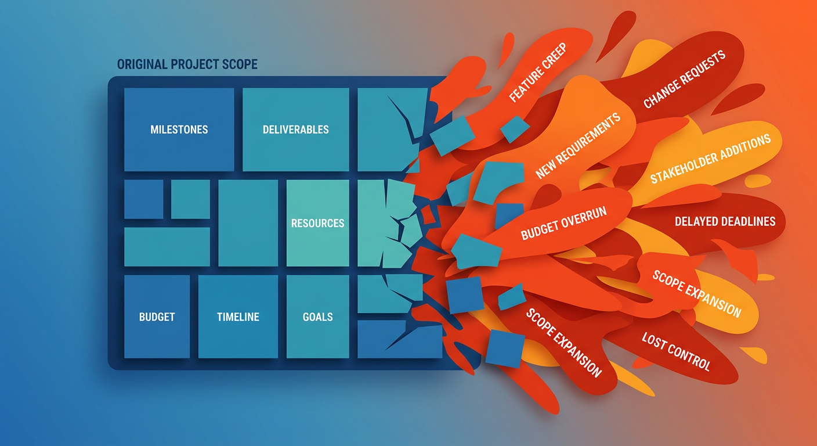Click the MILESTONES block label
pyautogui.click(x=179, y=129)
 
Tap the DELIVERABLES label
pyautogui.click(x=295, y=129)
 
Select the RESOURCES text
pyautogui.click(x=317, y=223)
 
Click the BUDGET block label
pyautogui.click(x=157, y=317)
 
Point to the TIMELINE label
pyautogui.click(x=238, y=317)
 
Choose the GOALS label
pyautogui.click(x=317, y=317)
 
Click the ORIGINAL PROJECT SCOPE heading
pyautogui.click(x=187, y=64)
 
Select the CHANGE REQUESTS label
pyautogui.click(x=685, y=80)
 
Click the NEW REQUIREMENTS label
pyautogui.click(x=578, y=146)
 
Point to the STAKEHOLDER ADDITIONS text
pyautogui.click(x=710, y=158)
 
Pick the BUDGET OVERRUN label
pyautogui.click(x=563, y=224)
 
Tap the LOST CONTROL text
pyautogui.click(x=675, y=351)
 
